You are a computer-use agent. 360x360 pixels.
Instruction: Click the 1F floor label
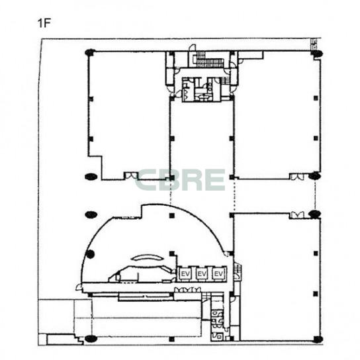pyautogui.click(x=44, y=23)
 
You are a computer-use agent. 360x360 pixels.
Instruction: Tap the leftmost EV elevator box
pyautogui.click(x=185, y=274)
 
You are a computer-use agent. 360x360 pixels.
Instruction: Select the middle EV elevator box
pyautogui.click(x=202, y=274)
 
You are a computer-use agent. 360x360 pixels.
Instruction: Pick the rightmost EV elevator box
pyautogui.click(x=218, y=274)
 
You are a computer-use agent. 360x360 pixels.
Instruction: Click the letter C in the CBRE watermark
pyautogui.click(x=146, y=180)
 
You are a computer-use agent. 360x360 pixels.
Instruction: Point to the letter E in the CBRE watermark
pyautogui.click(x=215, y=180)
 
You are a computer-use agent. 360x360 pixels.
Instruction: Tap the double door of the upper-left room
pyautogui.click(x=131, y=175)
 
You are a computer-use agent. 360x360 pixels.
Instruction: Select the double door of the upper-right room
pyautogui.click(x=296, y=176)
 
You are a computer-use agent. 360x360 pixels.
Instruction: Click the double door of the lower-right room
pyautogui.click(x=296, y=215)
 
